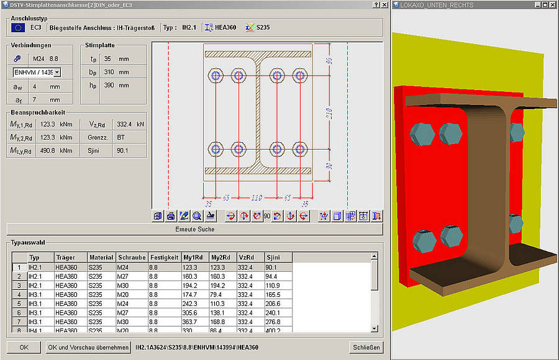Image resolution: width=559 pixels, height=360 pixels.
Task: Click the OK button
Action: (x=24, y=348)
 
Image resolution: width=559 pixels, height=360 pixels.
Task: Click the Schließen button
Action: (x=366, y=348)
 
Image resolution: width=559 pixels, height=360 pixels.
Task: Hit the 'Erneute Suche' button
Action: (x=195, y=229)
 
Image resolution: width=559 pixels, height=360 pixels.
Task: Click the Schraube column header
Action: (x=132, y=257)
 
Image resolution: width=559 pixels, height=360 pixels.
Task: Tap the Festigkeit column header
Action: (x=164, y=257)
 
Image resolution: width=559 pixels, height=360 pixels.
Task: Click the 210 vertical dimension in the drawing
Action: (x=329, y=112)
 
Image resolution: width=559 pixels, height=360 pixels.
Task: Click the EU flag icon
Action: (x=18, y=27)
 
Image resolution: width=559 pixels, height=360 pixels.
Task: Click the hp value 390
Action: (x=108, y=85)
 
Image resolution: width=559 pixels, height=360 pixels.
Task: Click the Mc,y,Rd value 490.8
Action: (x=48, y=150)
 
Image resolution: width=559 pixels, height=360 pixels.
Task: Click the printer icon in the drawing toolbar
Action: (x=170, y=216)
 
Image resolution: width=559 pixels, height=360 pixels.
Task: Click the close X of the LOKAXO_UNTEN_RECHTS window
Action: (x=553, y=4)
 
